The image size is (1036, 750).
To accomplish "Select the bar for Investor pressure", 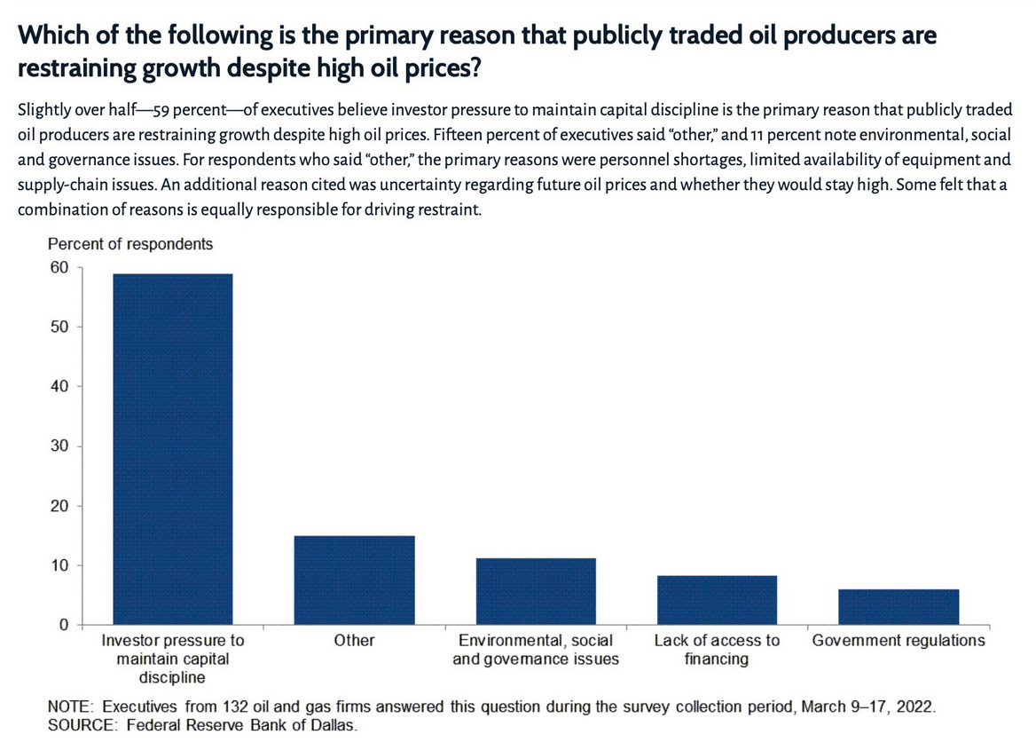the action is [x=172, y=449].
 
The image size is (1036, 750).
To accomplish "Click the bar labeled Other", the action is [x=354, y=580].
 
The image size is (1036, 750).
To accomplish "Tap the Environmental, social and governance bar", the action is [x=536, y=591].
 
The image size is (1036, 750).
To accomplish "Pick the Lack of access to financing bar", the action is [x=717, y=600].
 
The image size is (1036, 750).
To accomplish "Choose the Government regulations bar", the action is [x=899, y=606].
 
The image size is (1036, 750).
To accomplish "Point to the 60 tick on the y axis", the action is [x=59, y=267].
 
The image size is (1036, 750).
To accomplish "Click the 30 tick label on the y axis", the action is [x=59, y=446].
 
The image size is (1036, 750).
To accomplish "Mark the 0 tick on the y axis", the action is [x=64, y=624].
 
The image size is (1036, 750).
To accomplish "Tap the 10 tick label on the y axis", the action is [x=59, y=564].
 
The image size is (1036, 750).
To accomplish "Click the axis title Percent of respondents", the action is [x=130, y=244].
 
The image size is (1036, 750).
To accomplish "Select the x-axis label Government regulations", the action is [x=899, y=640].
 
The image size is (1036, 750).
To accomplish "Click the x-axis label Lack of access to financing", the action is [x=717, y=650].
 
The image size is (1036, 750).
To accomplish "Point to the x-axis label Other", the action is [x=354, y=640].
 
